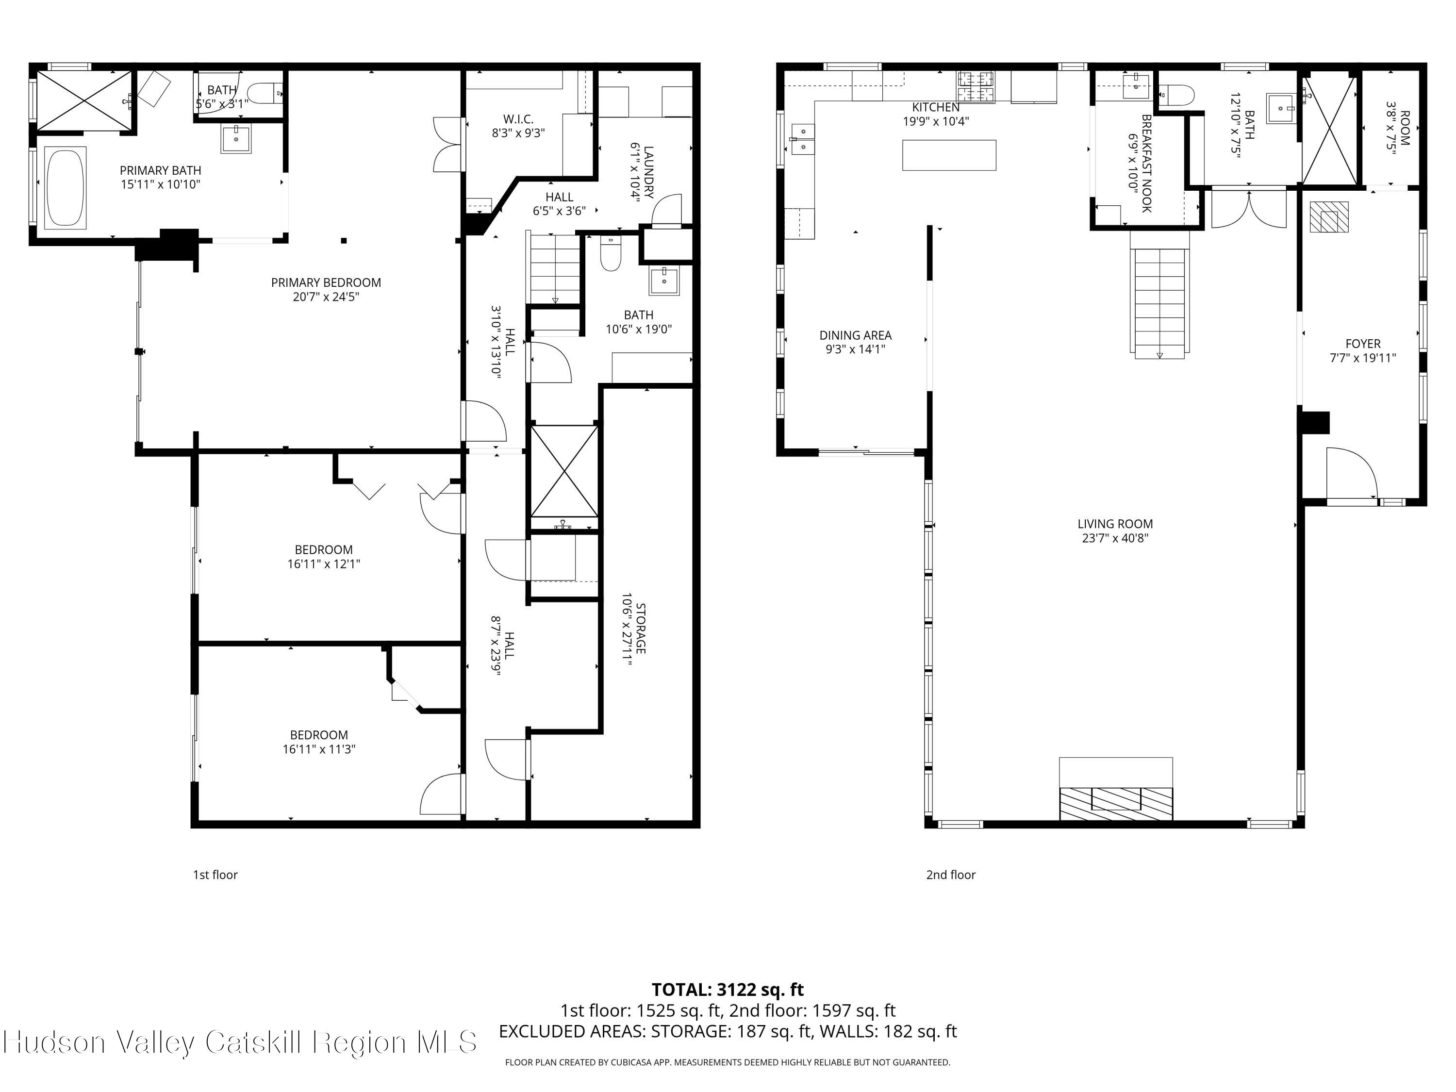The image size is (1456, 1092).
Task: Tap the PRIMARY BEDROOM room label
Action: (326, 282)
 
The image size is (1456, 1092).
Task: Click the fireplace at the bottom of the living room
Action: (1116, 789)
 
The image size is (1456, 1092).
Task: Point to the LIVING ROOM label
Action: (1115, 524)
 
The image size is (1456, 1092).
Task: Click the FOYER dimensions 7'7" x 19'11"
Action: (1362, 358)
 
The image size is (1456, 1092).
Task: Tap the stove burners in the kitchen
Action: (976, 87)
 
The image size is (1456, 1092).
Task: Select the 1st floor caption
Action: (215, 874)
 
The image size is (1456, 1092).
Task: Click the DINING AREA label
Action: (855, 335)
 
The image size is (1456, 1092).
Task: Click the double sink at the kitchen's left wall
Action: (804, 139)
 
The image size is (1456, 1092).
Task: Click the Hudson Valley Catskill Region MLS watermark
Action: (240, 1042)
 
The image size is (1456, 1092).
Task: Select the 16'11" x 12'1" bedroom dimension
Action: (323, 563)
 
